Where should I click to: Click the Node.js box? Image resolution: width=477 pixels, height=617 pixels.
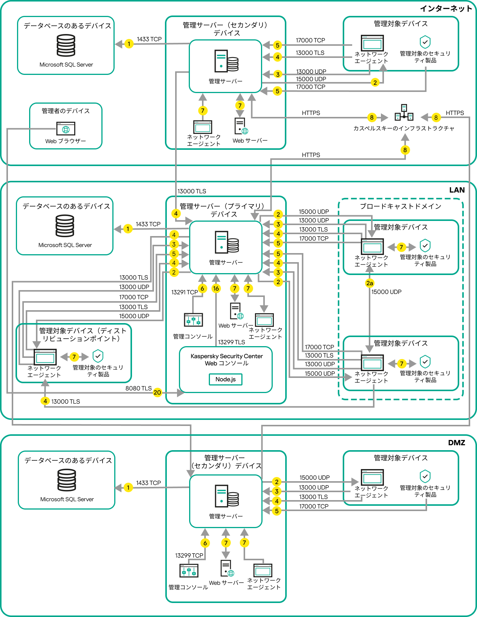[x=225, y=379]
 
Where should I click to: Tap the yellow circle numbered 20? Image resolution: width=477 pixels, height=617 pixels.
[x=157, y=393]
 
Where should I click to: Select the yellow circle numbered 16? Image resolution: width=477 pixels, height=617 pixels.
[x=216, y=289]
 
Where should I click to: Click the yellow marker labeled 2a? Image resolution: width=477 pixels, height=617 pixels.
[x=370, y=283]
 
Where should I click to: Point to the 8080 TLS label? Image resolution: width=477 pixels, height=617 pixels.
[x=138, y=389]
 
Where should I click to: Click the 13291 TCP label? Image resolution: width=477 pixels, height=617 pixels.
[x=184, y=292]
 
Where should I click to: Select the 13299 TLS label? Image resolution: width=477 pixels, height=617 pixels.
[x=232, y=342]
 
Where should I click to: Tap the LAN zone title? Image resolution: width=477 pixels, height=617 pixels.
[x=457, y=190]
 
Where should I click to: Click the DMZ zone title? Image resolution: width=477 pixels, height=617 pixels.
[x=456, y=443]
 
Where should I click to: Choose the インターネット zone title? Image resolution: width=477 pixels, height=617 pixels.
[x=446, y=8]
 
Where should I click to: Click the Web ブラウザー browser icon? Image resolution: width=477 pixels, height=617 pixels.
[x=66, y=129]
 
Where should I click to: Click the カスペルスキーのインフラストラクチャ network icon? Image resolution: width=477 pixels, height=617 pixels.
[x=404, y=113]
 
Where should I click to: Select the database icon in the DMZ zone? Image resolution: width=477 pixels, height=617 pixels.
[x=67, y=480]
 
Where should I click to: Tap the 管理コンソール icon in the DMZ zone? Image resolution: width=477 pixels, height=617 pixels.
[x=188, y=570]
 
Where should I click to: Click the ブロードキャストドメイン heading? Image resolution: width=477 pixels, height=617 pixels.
[x=400, y=206]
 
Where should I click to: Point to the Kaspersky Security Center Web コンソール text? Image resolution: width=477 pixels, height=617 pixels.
[x=227, y=359]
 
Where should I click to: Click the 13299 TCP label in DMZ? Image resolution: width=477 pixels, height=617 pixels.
[x=189, y=555]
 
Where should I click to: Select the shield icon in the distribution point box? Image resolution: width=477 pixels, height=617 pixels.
[x=98, y=356]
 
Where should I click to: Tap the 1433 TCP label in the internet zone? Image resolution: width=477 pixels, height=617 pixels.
[x=149, y=39]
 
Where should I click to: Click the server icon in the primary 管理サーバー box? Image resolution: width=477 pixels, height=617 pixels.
[x=227, y=242]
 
